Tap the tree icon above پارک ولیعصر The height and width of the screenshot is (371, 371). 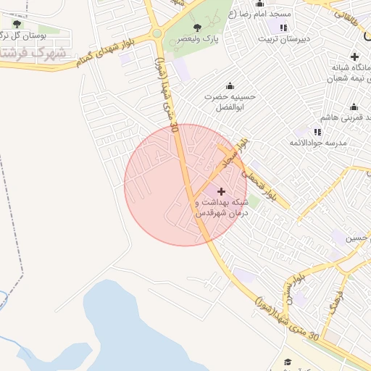click(x=196, y=28)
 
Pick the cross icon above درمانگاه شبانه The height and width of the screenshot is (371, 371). click(x=354, y=57)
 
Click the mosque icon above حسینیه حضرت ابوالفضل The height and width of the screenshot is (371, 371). click(x=230, y=86)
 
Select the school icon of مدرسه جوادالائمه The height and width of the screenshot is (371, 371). click(x=317, y=131)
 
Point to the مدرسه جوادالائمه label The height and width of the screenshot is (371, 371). click(x=338, y=143)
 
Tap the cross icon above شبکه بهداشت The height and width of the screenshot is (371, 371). click(x=221, y=191)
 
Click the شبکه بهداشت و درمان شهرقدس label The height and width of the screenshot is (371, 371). click(x=222, y=208)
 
